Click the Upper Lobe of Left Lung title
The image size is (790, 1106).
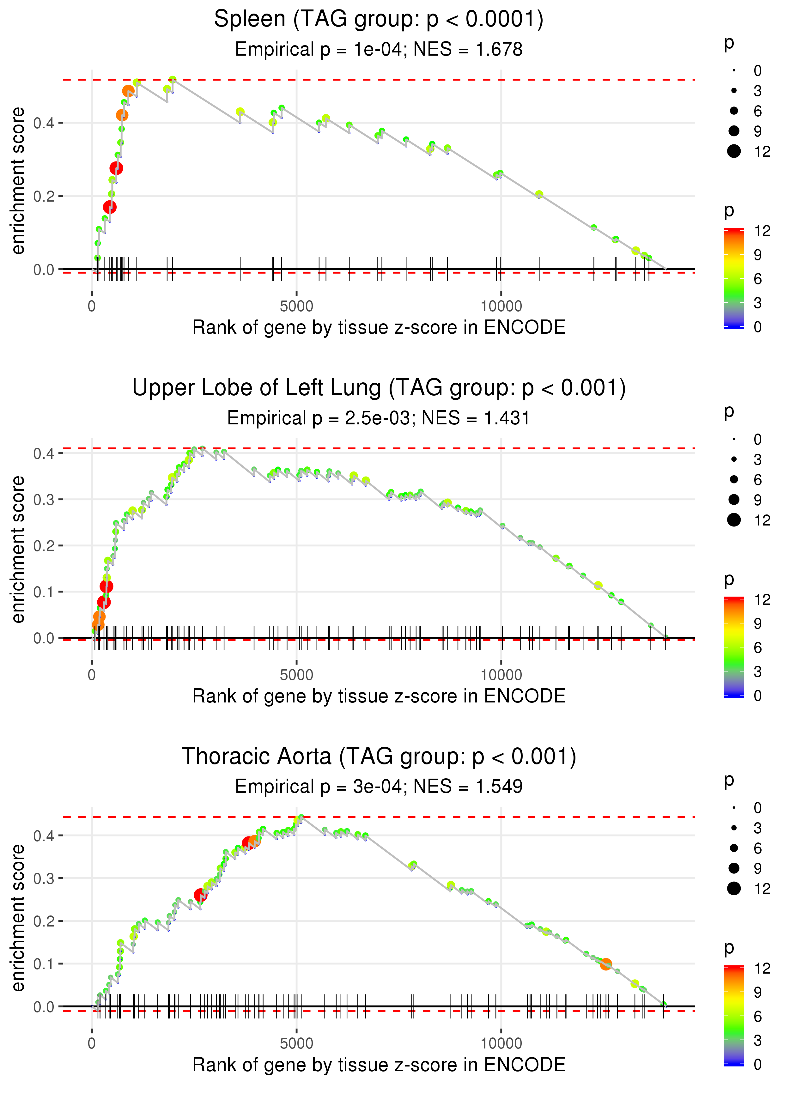click(x=379, y=388)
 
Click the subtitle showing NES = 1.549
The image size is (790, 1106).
click(x=379, y=787)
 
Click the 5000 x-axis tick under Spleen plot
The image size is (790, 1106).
click(x=296, y=307)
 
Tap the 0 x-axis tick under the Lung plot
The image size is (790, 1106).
click(x=92, y=675)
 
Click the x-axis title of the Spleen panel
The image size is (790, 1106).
click(x=379, y=327)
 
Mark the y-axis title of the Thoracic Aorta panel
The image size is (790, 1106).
click(x=18, y=918)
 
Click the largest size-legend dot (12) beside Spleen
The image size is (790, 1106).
click(x=733, y=151)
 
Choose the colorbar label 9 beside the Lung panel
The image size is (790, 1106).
click(x=757, y=623)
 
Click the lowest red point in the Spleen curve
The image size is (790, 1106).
click(x=109, y=207)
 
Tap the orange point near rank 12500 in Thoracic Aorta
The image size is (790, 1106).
click(x=605, y=964)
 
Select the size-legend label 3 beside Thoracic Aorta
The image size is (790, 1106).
click(x=757, y=828)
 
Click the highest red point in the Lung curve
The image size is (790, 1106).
click(x=106, y=586)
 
